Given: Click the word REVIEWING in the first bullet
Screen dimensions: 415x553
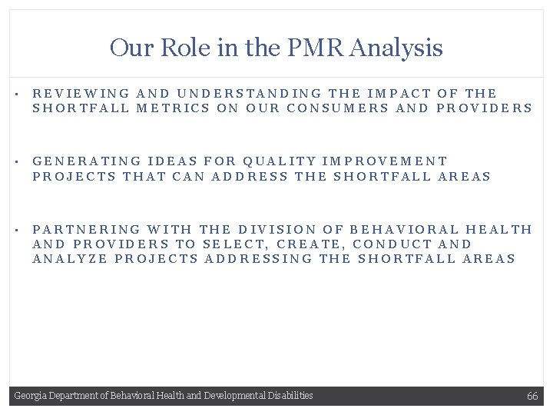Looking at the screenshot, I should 81,93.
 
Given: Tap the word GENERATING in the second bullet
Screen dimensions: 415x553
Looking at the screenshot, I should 87,161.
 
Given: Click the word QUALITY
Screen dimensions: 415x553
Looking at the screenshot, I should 279,161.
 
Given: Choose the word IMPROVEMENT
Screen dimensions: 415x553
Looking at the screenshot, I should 385,161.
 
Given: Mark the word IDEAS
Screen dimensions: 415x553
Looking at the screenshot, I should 171,161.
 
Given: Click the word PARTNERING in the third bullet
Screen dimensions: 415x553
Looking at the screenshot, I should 87,229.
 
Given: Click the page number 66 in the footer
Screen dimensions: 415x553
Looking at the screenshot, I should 531,396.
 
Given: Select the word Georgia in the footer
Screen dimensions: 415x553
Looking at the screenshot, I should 29,396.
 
